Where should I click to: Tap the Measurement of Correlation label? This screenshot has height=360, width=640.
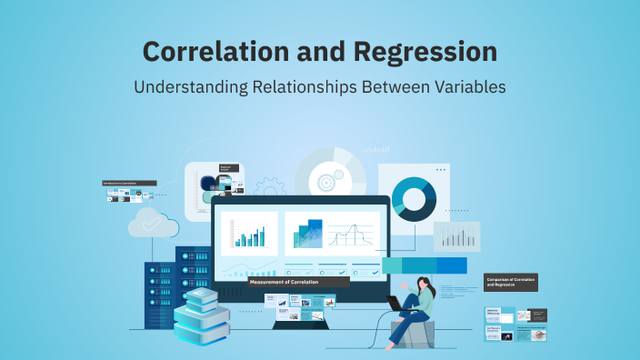(x=298, y=282)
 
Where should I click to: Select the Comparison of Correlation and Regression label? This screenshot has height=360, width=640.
(x=512, y=282)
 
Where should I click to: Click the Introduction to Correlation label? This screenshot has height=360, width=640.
(x=129, y=183)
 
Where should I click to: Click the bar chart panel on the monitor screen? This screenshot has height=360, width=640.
(x=248, y=235)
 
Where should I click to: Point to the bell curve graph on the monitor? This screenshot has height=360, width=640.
(x=351, y=236)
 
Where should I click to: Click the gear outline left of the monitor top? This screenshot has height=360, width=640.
(x=269, y=189)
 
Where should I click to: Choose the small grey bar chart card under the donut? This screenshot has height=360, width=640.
(x=455, y=236)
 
